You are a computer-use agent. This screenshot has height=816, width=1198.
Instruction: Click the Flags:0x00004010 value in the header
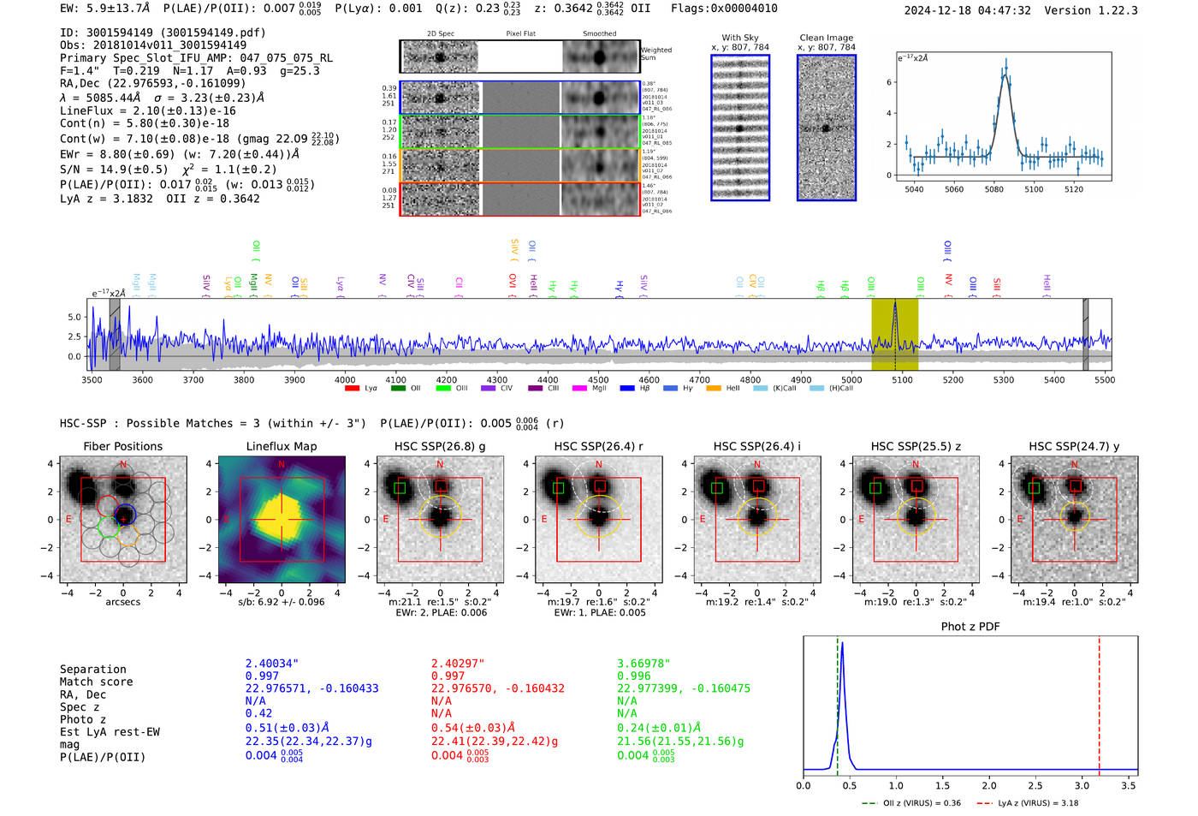tap(724, 9)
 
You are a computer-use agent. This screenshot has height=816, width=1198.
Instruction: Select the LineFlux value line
tap(148, 110)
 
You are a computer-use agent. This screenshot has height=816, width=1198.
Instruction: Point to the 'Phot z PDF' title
tap(970, 627)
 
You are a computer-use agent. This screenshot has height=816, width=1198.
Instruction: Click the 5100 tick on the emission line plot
tap(1034, 189)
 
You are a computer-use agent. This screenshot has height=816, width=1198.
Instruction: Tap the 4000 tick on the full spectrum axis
tap(345, 380)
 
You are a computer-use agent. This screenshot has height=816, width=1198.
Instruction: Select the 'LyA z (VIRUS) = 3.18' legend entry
tap(1035, 803)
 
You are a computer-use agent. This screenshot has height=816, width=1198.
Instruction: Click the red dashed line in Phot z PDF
tap(1099, 702)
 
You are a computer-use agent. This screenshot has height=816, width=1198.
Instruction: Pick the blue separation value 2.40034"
tap(271, 664)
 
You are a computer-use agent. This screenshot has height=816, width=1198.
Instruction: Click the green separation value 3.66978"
tap(643, 664)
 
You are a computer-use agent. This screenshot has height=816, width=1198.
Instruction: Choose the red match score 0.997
tap(448, 676)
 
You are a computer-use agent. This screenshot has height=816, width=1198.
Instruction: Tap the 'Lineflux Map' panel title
tap(281, 446)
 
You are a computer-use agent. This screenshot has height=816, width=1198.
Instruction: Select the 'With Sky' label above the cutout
tap(739, 38)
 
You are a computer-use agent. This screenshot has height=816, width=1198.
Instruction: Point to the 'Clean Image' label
tap(826, 38)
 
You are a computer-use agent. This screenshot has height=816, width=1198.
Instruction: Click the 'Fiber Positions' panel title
tap(122, 446)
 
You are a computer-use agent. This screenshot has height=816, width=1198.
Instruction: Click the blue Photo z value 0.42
tap(258, 713)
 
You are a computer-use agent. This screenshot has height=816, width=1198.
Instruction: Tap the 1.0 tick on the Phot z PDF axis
tap(896, 785)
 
